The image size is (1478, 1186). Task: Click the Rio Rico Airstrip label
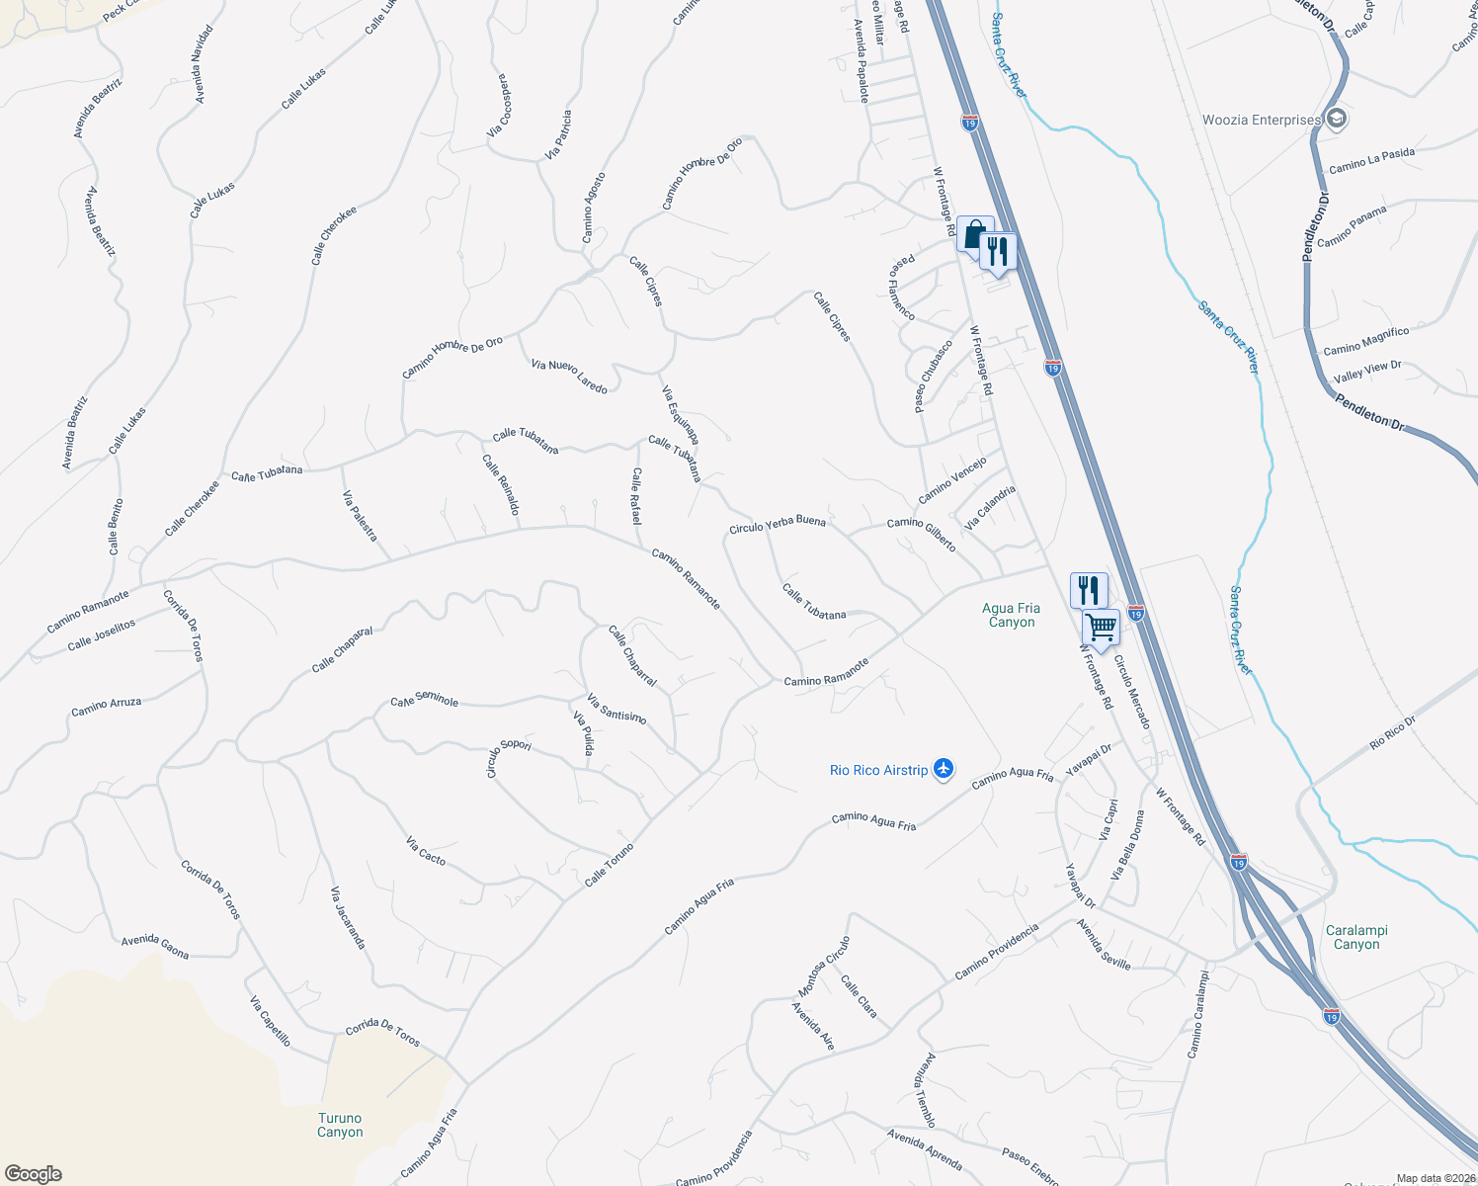click(878, 770)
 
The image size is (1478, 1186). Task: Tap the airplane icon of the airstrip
click(944, 769)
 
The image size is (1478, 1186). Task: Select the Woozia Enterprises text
click(1261, 121)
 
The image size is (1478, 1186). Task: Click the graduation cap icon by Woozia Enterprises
click(1337, 120)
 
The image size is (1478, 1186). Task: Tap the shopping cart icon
click(1101, 626)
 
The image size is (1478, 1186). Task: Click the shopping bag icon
click(974, 235)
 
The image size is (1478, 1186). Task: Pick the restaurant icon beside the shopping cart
click(1088, 590)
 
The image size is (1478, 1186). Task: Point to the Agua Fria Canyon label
click(1012, 615)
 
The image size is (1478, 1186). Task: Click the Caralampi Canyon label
click(1356, 937)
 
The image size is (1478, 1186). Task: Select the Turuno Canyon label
click(340, 1125)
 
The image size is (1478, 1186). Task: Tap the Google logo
click(33, 1174)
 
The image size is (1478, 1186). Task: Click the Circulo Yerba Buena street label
click(777, 524)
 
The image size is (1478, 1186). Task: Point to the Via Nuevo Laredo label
click(569, 377)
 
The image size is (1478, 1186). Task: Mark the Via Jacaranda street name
click(348, 917)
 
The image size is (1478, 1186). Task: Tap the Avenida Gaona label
click(155, 946)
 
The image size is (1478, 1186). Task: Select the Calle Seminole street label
click(425, 700)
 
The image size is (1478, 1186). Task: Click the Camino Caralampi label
click(1197, 1014)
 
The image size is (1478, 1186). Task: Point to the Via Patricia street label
click(558, 134)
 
